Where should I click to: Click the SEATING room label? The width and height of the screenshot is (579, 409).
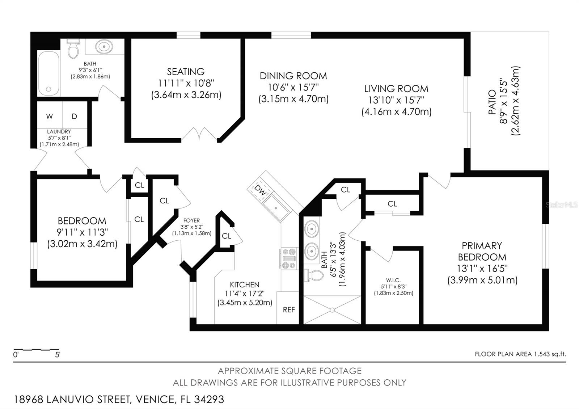(x=186, y=72)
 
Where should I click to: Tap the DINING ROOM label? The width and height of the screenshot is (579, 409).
(x=293, y=76)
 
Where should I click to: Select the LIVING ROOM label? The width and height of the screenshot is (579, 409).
(x=396, y=89)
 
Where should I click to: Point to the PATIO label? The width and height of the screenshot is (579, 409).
(x=492, y=102)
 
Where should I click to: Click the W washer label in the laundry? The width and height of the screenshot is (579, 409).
(x=49, y=117)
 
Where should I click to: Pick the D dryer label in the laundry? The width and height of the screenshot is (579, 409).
(x=75, y=116)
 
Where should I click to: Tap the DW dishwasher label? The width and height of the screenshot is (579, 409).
(x=260, y=190)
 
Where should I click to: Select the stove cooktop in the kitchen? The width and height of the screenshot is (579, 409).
(x=288, y=258)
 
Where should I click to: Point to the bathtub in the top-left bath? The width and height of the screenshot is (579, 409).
(x=48, y=73)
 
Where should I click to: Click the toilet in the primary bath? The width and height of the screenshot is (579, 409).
(x=313, y=275)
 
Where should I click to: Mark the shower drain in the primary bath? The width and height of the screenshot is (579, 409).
(x=333, y=310)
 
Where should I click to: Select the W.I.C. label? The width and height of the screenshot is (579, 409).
(x=393, y=280)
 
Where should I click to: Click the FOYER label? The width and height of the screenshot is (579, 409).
(x=191, y=220)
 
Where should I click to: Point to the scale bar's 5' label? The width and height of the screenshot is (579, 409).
(x=58, y=355)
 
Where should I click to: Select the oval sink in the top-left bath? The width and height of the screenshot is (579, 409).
(x=104, y=47)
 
